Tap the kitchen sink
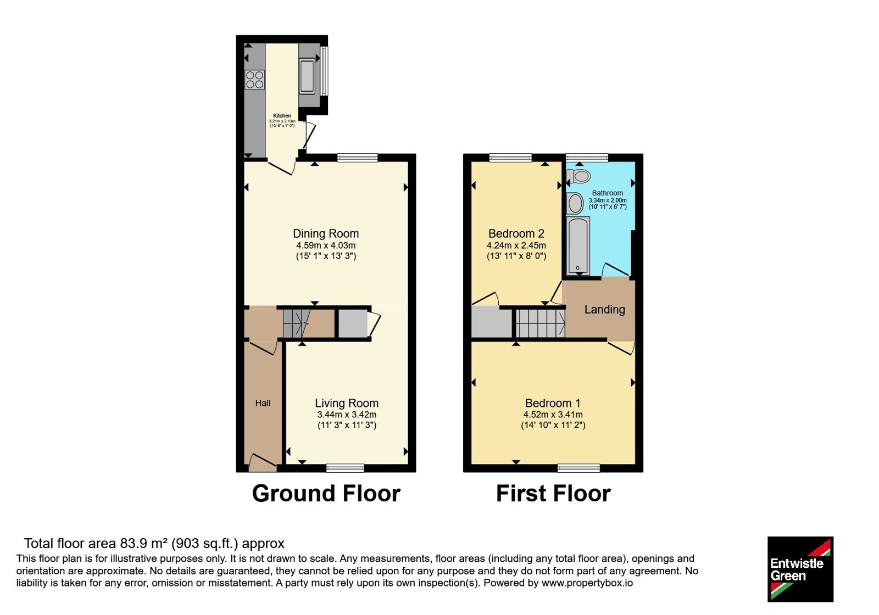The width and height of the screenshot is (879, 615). pyautogui.click(x=307, y=76)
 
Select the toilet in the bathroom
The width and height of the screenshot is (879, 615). pyautogui.click(x=579, y=176)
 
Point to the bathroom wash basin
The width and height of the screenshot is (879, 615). pyautogui.click(x=575, y=203)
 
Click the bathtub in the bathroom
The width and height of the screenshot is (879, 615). pyautogui.click(x=578, y=245)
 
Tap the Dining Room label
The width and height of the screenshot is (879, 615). pyautogui.click(x=326, y=234)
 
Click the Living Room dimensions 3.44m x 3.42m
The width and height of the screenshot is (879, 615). pyautogui.click(x=347, y=415)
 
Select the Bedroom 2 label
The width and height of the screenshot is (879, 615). pyautogui.click(x=516, y=234)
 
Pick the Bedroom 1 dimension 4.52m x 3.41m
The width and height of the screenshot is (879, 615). pyautogui.click(x=553, y=415)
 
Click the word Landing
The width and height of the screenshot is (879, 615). pyautogui.click(x=605, y=310)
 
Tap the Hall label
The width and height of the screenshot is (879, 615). pyautogui.click(x=263, y=403)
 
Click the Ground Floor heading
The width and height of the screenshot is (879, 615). pyautogui.click(x=326, y=494)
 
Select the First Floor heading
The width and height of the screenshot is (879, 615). pyautogui.click(x=553, y=494)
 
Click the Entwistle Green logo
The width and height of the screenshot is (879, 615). pyautogui.click(x=800, y=569)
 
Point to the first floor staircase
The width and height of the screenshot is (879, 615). pyautogui.click(x=541, y=323)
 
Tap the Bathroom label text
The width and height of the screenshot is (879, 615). pyautogui.click(x=608, y=193)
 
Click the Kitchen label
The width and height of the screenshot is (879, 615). pyautogui.click(x=282, y=116)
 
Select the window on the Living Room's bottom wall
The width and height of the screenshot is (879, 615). pyautogui.click(x=346, y=468)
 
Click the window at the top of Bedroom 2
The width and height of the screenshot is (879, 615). pyautogui.click(x=510, y=158)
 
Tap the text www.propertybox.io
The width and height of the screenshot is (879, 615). pyautogui.click(x=587, y=583)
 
